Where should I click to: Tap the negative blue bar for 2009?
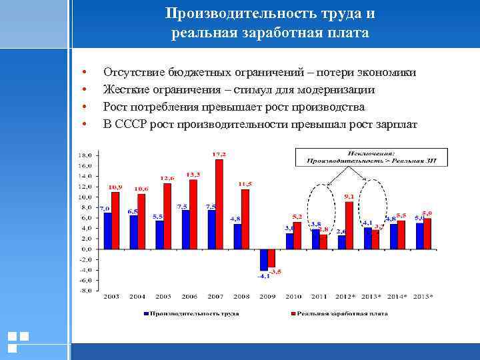coord(264,260)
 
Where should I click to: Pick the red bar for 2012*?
coord(349,225)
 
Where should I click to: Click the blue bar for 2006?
coord(186,229)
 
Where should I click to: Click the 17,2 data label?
coord(219,154)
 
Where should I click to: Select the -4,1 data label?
coord(264,275)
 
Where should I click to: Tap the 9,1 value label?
coord(349,197)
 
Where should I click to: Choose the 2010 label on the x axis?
coord(293,295)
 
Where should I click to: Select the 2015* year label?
coord(422,295)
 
